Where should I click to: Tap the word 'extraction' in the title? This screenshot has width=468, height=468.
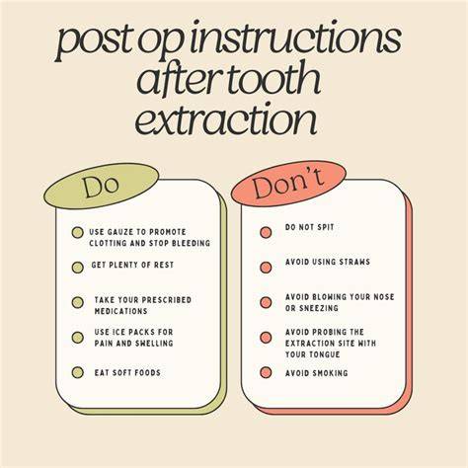[x=226, y=119]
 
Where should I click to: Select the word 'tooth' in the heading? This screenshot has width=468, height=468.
[x=274, y=79]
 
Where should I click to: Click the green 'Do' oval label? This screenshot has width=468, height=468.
[x=101, y=187]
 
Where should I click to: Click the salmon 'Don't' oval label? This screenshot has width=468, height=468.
[x=288, y=184]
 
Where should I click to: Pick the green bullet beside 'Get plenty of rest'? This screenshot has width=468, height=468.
[x=78, y=268]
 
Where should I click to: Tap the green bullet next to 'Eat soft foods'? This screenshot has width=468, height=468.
[x=78, y=372]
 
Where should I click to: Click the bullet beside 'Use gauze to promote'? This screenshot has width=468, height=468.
[x=78, y=233]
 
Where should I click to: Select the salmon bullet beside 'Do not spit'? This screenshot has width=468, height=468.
[x=266, y=232]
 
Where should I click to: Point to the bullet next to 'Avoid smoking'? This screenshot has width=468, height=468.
[x=266, y=372]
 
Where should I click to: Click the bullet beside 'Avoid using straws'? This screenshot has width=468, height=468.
[x=266, y=268]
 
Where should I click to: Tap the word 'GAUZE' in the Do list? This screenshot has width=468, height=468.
[x=117, y=232]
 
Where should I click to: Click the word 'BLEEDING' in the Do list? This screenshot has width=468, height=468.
[x=191, y=243]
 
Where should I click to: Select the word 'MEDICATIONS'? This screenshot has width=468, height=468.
[x=120, y=311]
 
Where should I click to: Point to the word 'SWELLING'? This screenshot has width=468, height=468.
[x=154, y=344]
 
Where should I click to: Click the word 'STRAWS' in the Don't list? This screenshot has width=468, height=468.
[x=354, y=262]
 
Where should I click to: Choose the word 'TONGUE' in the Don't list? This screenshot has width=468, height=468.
[x=326, y=354]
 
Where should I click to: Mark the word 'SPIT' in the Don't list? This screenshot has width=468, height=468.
[x=326, y=227]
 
